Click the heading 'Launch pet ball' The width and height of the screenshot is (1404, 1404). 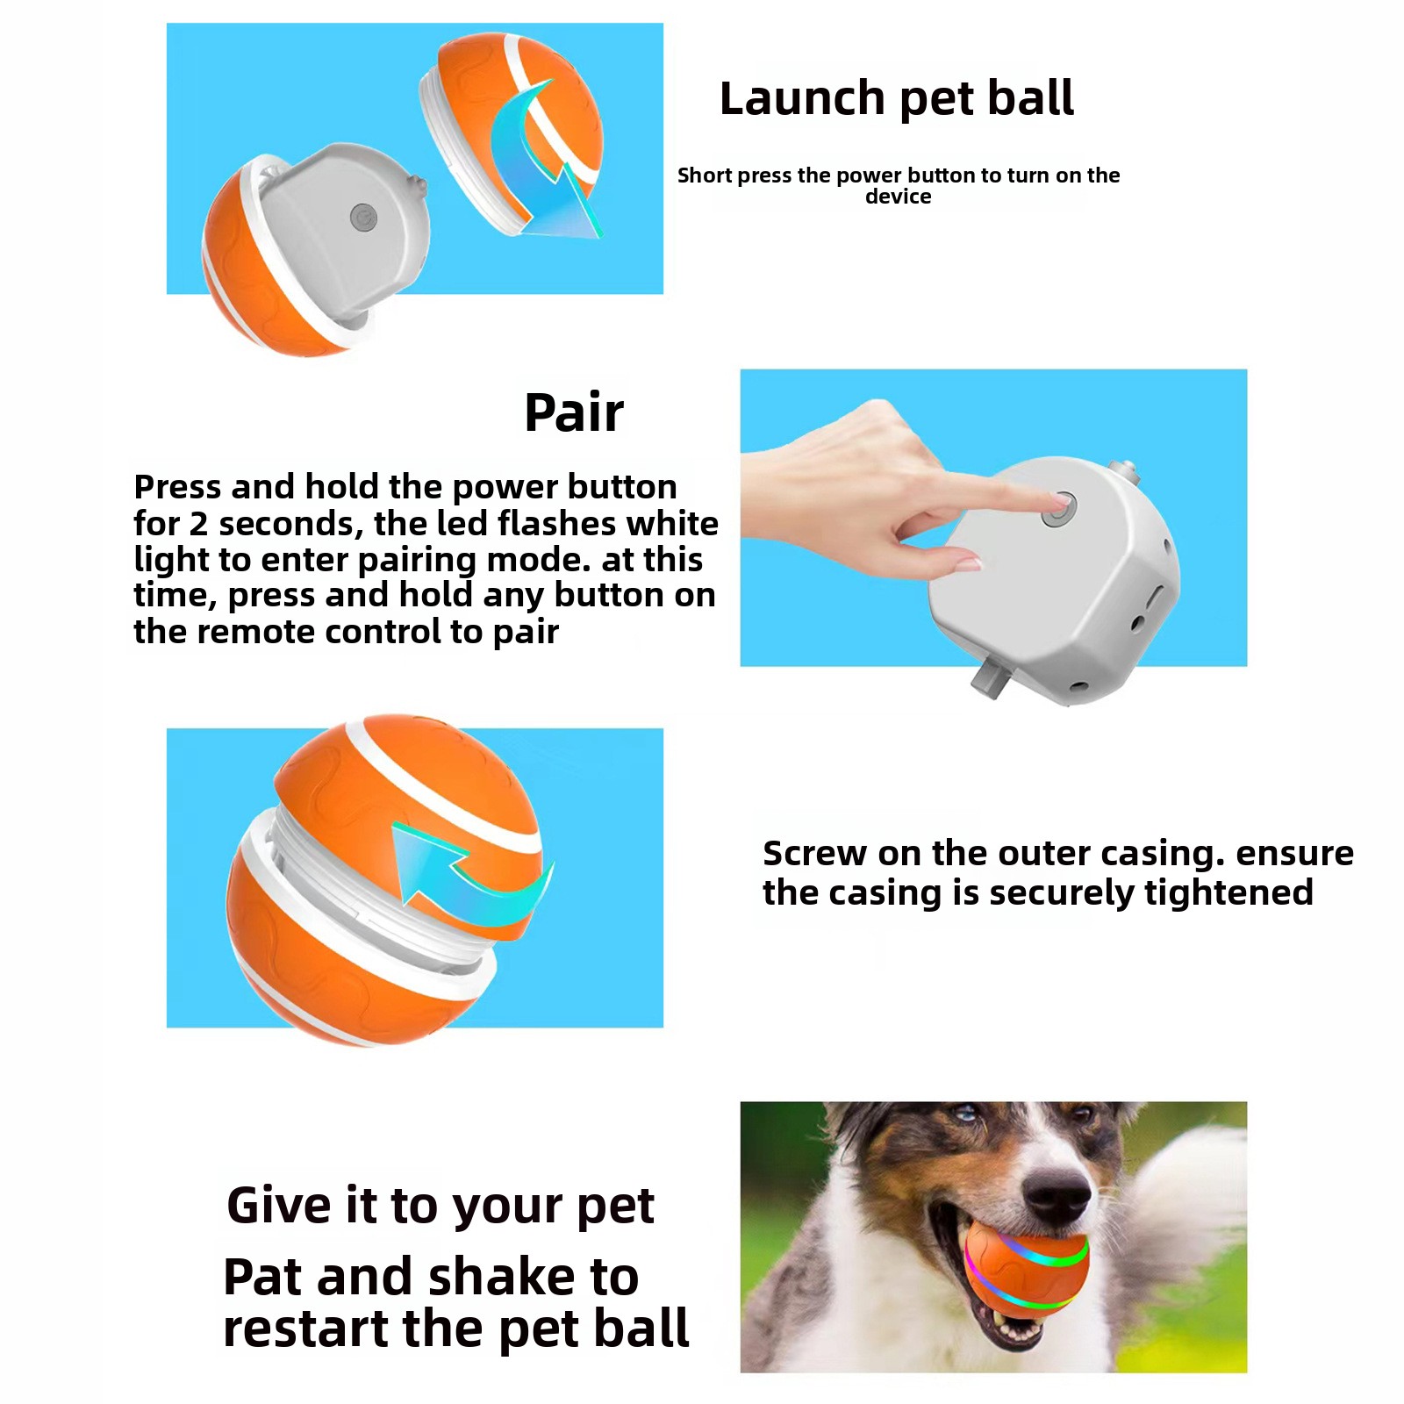897,97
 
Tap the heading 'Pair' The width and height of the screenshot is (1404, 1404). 574,412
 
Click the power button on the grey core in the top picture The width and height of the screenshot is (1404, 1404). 363,217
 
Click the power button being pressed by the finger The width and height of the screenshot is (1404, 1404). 1058,510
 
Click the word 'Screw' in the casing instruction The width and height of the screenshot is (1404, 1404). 814,853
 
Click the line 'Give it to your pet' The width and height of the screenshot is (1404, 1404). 441,1207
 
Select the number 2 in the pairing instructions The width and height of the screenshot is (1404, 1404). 198,524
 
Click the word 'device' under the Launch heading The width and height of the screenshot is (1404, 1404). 899,197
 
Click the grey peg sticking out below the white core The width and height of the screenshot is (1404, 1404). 990,677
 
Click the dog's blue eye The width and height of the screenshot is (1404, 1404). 967,1115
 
